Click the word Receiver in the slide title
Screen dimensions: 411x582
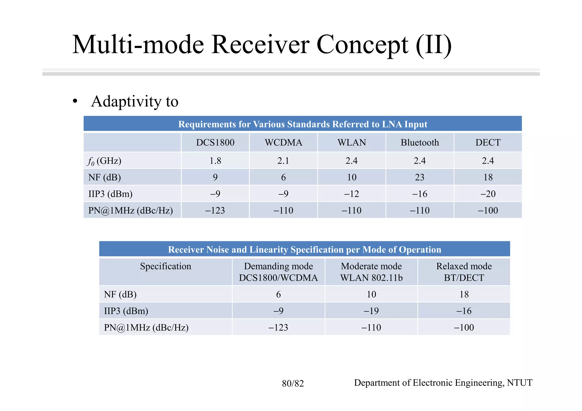[x=260, y=45]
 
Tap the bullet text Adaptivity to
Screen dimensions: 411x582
[x=134, y=101]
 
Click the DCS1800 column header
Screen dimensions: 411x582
[x=215, y=142]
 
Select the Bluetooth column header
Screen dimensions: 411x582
[x=420, y=142]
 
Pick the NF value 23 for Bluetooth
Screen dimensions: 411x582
[x=420, y=177]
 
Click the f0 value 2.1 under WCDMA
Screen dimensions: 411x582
[x=283, y=161]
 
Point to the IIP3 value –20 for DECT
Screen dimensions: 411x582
[x=488, y=194]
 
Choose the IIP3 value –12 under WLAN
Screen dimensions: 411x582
[x=352, y=194]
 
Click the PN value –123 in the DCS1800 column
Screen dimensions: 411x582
[x=215, y=210]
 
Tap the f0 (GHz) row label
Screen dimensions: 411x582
[x=105, y=161]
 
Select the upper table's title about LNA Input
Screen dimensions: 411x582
[x=303, y=124]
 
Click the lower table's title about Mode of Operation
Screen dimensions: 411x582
[x=304, y=249]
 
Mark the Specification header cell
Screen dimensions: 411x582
[x=165, y=266]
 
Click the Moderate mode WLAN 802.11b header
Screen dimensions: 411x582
[x=371, y=272]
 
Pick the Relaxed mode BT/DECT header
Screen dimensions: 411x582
[x=464, y=272]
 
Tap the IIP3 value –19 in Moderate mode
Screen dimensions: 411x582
[x=371, y=311]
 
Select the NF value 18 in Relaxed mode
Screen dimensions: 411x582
[x=464, y=294]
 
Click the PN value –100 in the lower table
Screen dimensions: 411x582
[x=464, y=327]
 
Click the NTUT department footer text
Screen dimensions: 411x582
[x=443, y=383]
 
